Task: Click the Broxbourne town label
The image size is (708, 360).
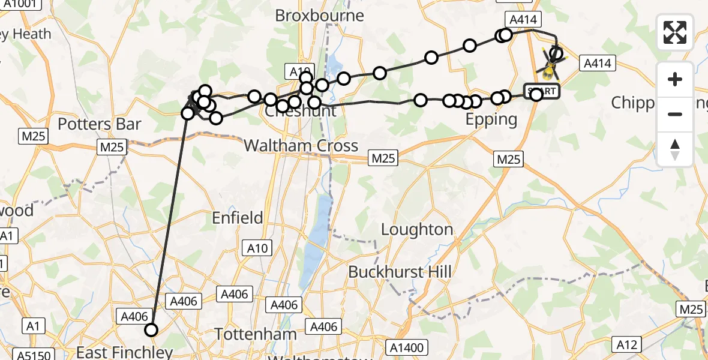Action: (x=319, y=16)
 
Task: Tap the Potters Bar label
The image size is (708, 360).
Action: (x=100, y=124)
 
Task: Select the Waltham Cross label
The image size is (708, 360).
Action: (x=301, y=146)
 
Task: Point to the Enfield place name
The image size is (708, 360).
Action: (x=238, y=217)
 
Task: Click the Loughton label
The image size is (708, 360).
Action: (x=417, y=229)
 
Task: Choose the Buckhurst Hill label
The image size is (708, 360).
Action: (x=400, y=272)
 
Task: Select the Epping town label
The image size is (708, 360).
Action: (x=491, y=119)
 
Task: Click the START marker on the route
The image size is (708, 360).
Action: (x=542, y=92)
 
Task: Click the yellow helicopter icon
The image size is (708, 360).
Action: (x=549, y=71)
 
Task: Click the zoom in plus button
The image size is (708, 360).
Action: (x=675, y=79)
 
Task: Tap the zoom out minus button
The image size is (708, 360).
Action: (x=675, y=114)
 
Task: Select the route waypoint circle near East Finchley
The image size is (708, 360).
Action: (x=151, y=329)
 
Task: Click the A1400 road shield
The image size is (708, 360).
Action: (x=407, y=347)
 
